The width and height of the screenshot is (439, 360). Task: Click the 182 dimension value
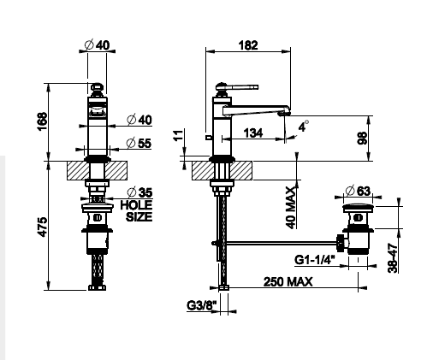pyautogui.click(x=248, y=45)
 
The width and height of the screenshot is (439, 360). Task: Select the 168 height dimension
pyautogui.click(x=42, y=121)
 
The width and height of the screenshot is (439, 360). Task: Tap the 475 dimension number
pyautogui.click(x=42, y=227)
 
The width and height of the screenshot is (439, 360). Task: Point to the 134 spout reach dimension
pyautogui.click(x=253, y=133)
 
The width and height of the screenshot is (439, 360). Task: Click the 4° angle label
pyautogui.click(x=304, y=126)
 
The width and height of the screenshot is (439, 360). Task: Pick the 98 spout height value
pyautogui.click(x=362, y=139)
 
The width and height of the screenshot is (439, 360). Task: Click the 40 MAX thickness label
pyautogui.click(x=291, y=208)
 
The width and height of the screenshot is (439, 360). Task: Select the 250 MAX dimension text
pyautogui.click(x=288, y=282)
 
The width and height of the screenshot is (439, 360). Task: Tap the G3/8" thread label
pyautogui.click(x=202, y=306)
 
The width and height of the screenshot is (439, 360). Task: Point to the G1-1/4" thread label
pyautogui.click(x=315, y=260)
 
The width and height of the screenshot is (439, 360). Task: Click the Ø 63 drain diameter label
pyautogui.click(x=358, y=191)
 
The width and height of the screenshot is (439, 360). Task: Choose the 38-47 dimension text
pyautogui.click(x=393, y=258)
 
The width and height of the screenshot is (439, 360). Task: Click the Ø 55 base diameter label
pyautogui.click(x=139, y=143)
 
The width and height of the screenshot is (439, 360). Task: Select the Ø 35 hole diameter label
pyautogui.click(x=139, y=192)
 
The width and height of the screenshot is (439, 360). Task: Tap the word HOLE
pyautogui.click(x=136, y=205)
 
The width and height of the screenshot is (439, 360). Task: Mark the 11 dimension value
pyautogui.click(x=178, y=135)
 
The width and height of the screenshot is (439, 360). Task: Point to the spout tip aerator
pyautogui.click(x=284, y=113)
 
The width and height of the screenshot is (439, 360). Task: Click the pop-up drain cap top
pyautogui.click(x=359, y=207)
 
